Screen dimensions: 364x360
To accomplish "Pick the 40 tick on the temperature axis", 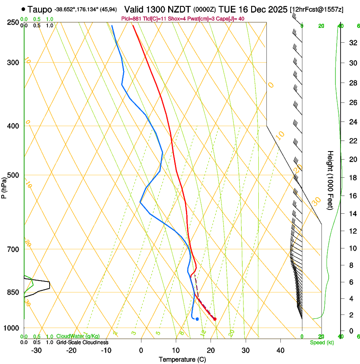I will click(280, 350).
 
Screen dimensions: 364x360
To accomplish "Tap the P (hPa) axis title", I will click(4, 186).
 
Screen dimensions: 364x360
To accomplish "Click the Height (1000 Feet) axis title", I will click(330, 180).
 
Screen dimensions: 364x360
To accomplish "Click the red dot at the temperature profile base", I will click(215, 319).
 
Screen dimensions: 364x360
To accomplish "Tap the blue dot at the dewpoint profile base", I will click(197, 319).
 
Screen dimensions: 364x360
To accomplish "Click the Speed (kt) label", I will click(321, 342).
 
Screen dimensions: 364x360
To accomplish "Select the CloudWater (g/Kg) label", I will click(78, 336).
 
